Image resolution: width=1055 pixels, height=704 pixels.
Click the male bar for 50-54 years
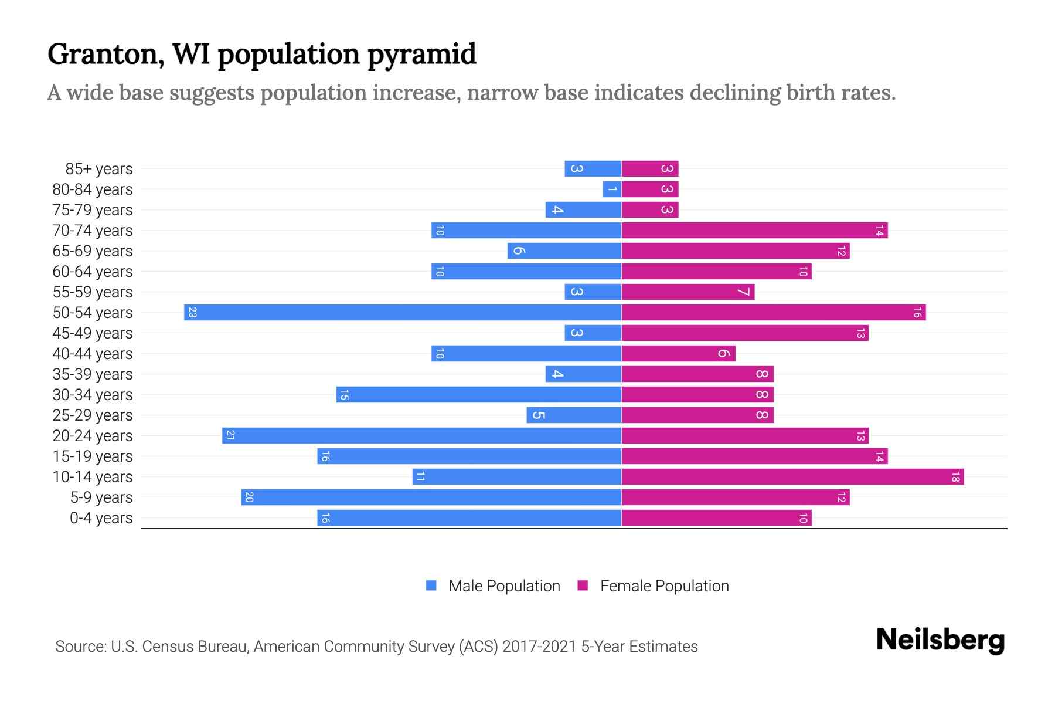[403, 313]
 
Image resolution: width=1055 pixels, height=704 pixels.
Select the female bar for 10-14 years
[792, 477]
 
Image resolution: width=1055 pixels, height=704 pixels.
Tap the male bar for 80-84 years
[612, 189]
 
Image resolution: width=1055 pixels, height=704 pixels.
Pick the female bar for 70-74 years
[754, 231]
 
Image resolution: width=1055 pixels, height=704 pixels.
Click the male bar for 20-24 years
[421, 436]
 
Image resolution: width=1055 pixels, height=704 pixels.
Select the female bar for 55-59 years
[688, 292]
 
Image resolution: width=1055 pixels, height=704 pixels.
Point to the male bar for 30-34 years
[479, 395]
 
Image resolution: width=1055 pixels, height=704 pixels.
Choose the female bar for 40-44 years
[678, 354]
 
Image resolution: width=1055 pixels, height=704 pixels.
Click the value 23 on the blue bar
[192, 313]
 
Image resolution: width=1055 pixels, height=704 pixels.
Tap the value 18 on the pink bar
[955, 477]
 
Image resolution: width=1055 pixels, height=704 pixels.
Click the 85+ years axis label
[98, 169]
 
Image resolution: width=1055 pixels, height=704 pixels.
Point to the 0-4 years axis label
[101, 518]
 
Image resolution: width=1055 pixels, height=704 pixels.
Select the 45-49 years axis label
[93, 333]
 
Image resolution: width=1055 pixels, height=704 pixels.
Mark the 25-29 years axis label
[93, 415]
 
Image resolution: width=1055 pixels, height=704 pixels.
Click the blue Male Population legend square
[431, 585]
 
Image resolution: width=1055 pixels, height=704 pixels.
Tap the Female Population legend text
[664, 586]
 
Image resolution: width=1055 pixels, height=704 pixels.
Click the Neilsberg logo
[940, 640]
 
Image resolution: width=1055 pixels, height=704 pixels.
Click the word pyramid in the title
[422, 55]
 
